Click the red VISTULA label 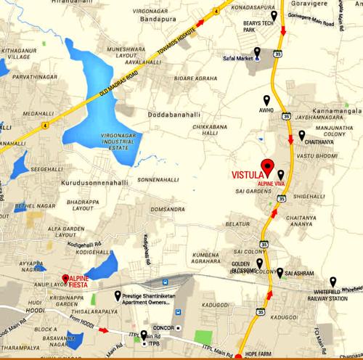pos(247,175)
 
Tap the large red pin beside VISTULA pos(266,166)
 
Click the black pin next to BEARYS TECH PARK pos(274,17)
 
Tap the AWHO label pos(266,110)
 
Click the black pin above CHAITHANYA pos(301,135)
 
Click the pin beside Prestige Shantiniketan pos(118,296)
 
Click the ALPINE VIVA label pos(272,185)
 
